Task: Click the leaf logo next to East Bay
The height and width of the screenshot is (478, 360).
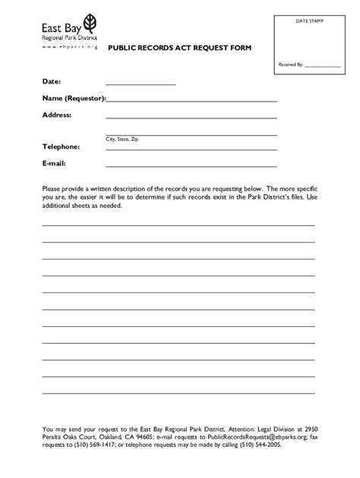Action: (x=90, y=20)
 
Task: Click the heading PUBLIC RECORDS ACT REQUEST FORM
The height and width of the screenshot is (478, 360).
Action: (x=178, y=47)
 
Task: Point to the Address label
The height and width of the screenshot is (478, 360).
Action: (x=57, y=115)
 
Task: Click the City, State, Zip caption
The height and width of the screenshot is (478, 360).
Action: (x=122, y=140)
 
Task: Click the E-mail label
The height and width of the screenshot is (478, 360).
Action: (x=54, y=163)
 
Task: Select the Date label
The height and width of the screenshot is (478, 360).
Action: (x=52, y=81)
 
